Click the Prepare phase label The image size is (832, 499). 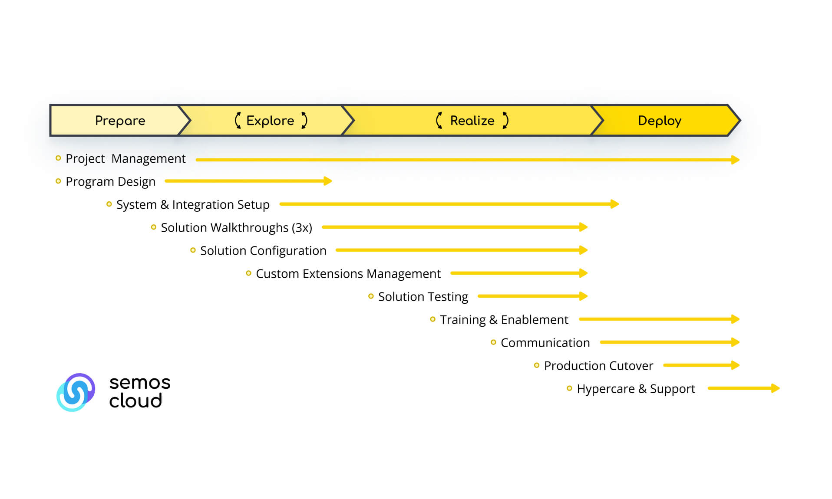click(120, 121)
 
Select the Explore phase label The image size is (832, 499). click(270, 121)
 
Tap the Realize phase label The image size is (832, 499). click(472, 121)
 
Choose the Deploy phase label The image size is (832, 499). click(660, 121)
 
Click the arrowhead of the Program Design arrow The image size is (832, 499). click(328, 181)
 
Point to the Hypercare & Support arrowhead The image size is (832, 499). click(776, 388)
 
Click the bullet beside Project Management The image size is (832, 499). click(58, 158)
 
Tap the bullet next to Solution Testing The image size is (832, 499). click(371, 296)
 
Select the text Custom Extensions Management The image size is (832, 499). click(348, 274)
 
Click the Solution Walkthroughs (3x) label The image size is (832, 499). click(237, 228)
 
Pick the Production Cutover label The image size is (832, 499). click(598, 366)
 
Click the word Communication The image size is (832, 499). click(545, 343)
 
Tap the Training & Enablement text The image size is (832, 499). click(504, 320)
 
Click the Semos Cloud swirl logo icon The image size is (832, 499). click(76, 392)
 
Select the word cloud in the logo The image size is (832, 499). click(135, 401)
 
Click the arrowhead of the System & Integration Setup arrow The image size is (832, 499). click(615, 204)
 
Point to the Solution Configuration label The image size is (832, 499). click(263, 251)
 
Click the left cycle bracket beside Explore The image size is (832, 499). click(238, 120)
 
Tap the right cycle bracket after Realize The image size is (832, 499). click(505, 120)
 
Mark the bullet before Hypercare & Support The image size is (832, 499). click(569, 388)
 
